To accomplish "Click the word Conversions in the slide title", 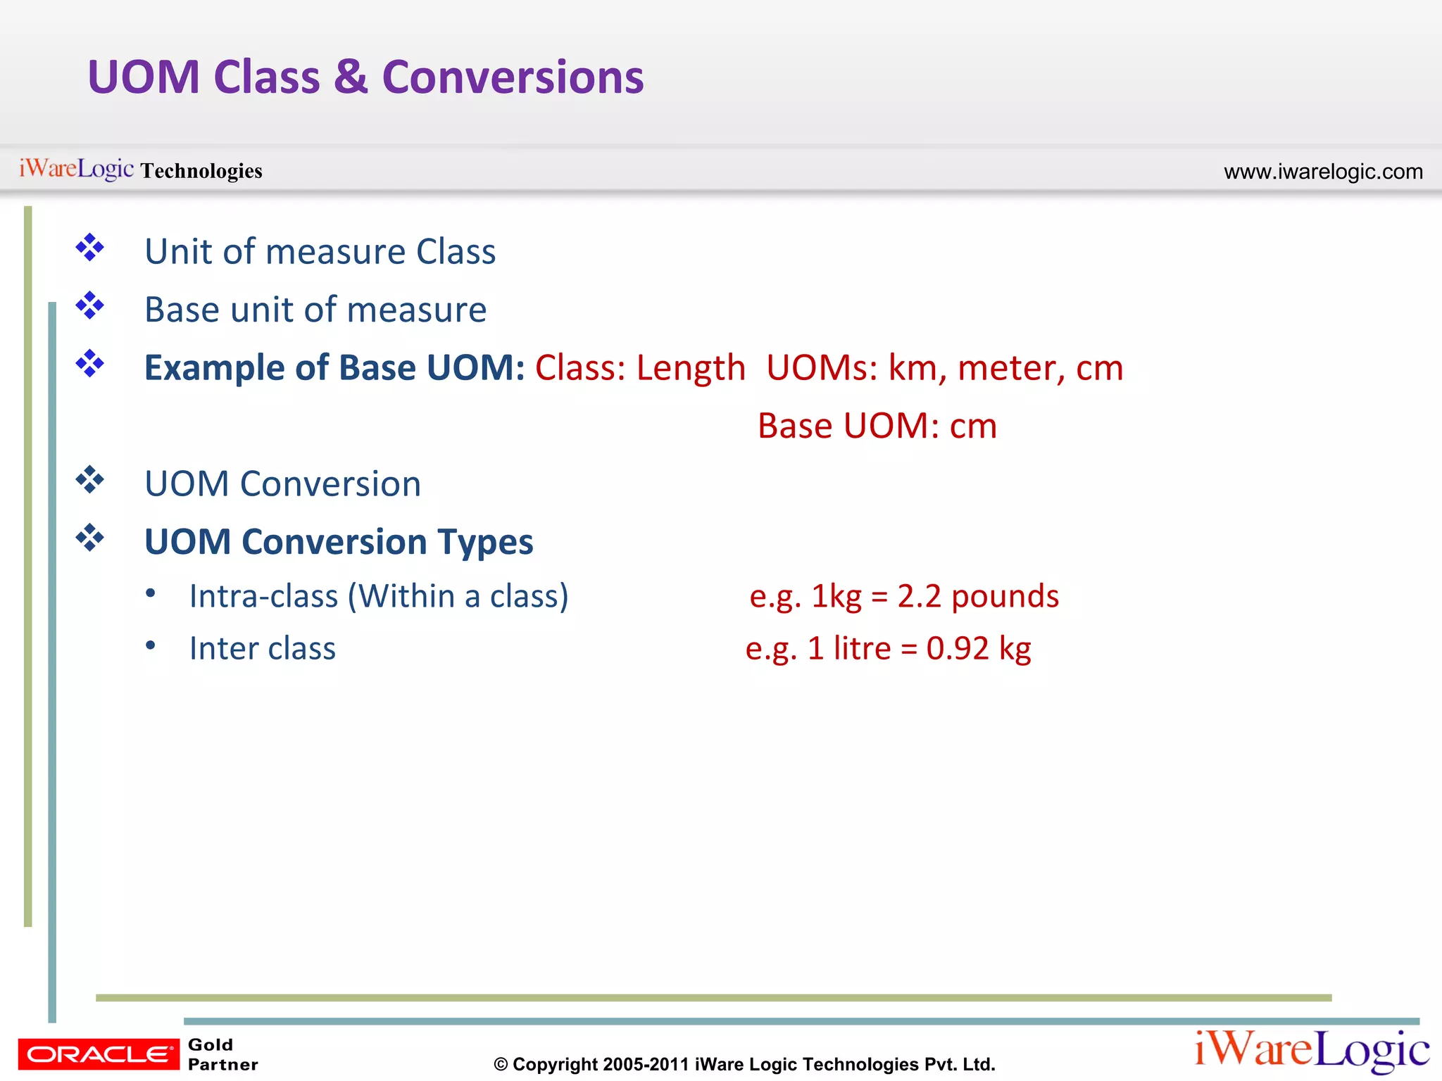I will [513, 77].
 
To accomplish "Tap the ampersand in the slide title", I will [351, 77].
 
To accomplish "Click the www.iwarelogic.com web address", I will [1323, 172].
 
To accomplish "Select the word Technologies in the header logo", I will [201, 171].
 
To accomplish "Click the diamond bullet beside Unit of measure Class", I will [90, 248].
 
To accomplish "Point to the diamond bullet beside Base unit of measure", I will [90, 306].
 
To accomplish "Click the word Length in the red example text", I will [690, 368].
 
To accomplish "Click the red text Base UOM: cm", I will [877, 426].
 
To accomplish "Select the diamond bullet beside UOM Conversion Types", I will [90, 538].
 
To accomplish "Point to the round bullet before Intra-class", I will [151, 593].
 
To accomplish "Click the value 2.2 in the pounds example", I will [919, 596].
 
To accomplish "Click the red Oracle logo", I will [99, 1054].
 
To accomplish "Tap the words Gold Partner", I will [222, 1054].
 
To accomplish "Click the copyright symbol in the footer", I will [501, 1065].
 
